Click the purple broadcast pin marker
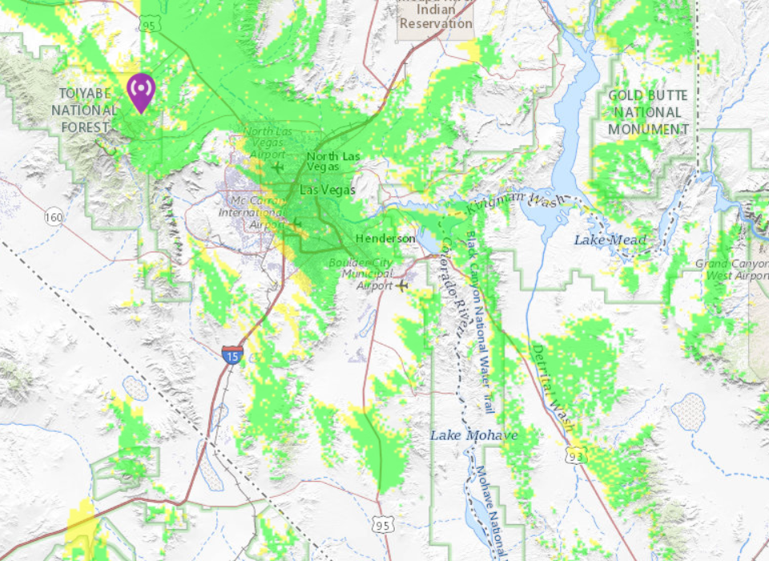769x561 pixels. [x=141, y=91]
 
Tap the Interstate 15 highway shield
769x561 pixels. [x=231, y=355]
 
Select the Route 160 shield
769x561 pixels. [x=54, y=217]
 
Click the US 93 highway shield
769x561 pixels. [x=576, y=456]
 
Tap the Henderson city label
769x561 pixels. [x=385, y=239]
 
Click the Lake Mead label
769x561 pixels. [x=610, y=240]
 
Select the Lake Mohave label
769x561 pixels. [x=474, y=435]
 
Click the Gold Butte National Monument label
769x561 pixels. [x=648, y=112]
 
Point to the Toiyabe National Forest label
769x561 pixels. [x=83, y=110]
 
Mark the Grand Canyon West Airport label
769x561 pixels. [x=732, y=269]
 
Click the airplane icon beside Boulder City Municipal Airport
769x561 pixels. [x=402, y=285]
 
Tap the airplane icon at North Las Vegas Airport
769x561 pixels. [x=278, y=167]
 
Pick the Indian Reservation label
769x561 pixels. [x=436, y=16]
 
